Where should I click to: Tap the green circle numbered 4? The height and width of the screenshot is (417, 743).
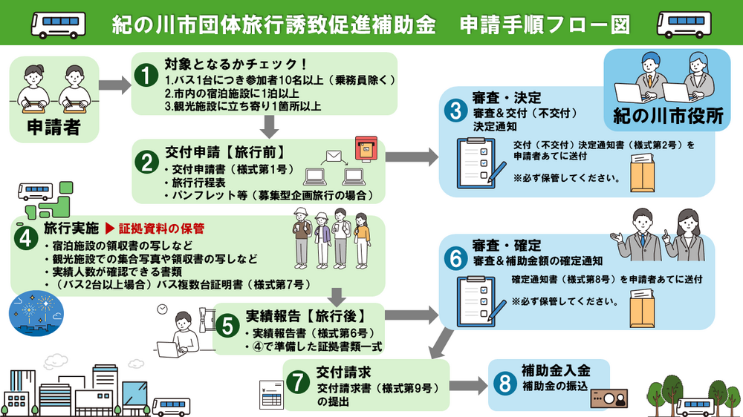pyautogui.click(x=26, y=239)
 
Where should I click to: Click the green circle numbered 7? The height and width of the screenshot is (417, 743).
pyautogui.click(x=298, y=382)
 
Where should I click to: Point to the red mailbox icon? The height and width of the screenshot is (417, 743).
pyautogui.click(x=365, y=148)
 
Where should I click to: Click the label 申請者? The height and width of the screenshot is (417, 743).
pyautogui.click(x=53, y=127)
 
